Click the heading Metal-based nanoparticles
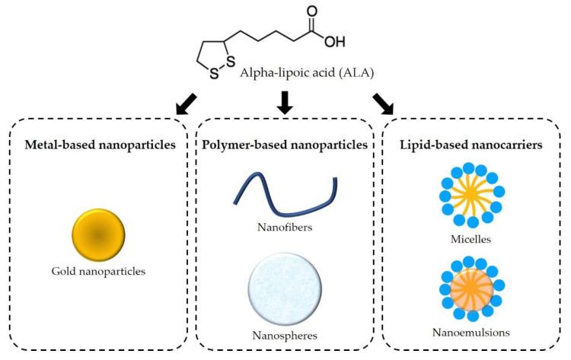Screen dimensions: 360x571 (x=98, y=144)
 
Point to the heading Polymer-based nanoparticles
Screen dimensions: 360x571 (x=285, y=144)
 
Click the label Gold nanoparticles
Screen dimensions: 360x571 (x=98, y=270)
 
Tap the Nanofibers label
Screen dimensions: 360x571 (x=285, y=226)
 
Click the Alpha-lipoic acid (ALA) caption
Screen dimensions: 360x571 (x=302, y=73)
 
